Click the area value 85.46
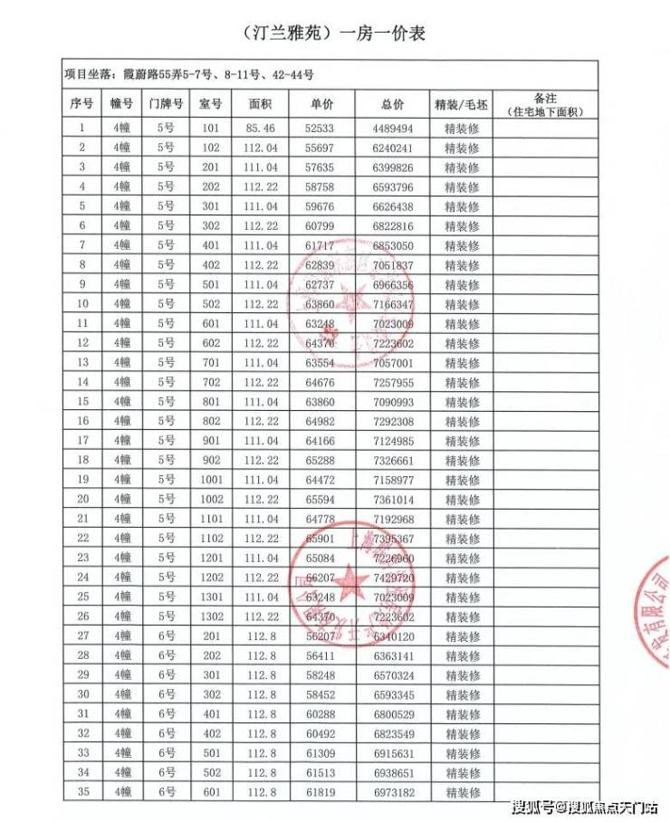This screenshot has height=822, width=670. point(260,129)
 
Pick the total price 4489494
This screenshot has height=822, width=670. point(392,129)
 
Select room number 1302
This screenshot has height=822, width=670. point(210,616)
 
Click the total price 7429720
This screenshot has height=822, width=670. point(392,578)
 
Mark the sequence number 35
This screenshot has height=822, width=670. point(83,792)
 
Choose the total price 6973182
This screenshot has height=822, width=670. point(392,792)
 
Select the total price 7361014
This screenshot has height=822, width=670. point(392,499)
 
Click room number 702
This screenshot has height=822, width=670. point(210,382)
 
